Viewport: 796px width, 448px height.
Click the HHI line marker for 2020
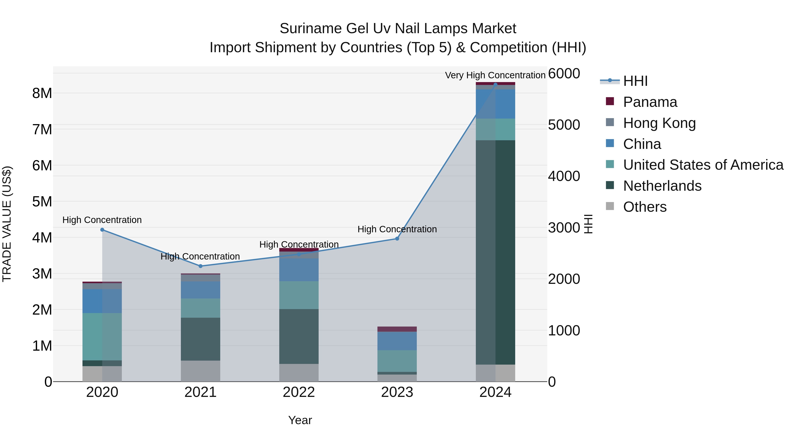coord(102,230)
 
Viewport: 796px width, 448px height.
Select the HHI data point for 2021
coord(200,266)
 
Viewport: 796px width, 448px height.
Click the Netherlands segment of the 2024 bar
coord(495,252)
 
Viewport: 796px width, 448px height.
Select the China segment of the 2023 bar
coord(397,341)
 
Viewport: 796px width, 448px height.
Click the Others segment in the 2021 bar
coord(200,371)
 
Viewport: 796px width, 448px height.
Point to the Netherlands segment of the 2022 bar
coord(299,336)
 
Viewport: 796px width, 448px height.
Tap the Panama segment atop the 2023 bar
coord(397,329)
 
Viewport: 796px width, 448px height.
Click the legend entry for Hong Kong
coord(659,123)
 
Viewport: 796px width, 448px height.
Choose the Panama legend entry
coord(650,102)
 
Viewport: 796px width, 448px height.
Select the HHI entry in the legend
coord(635,81)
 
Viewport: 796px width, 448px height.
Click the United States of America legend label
coord(703,165)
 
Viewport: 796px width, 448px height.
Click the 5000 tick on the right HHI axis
coord(564,125)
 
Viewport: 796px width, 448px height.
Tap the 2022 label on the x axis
coord(299,392)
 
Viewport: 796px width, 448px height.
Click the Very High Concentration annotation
coord(495,75)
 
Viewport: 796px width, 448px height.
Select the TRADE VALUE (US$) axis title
coord(7,224)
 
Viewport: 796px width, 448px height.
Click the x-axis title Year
coord(300,420)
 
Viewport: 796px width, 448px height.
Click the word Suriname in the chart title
coord(311,29)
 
